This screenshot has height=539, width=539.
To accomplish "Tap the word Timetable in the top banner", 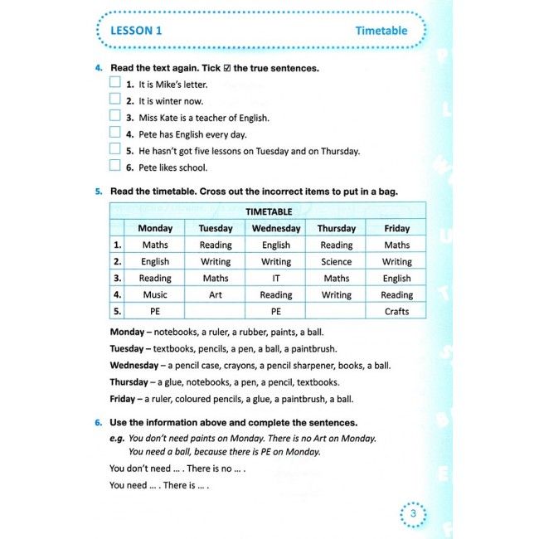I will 381,31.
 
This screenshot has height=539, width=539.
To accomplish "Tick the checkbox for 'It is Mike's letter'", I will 115,83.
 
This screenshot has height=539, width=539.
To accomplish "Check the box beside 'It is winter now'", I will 115,100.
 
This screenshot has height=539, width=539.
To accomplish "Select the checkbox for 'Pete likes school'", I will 115,166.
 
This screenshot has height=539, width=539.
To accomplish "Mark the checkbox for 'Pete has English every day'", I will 115,133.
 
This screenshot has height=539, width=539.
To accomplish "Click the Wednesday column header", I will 276,228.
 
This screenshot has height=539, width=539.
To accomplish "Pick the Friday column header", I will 396,228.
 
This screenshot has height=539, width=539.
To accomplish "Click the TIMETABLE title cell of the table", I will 268,211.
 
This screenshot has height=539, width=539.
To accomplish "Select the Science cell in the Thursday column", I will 337,261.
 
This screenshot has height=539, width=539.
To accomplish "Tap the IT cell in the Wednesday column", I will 276,278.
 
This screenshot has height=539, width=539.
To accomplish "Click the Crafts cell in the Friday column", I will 396,311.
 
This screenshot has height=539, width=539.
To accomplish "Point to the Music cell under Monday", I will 155,294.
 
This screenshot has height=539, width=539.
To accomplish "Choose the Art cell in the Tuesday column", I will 216,294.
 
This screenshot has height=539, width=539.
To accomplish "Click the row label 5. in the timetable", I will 118,311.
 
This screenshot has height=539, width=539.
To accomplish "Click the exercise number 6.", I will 98,422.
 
